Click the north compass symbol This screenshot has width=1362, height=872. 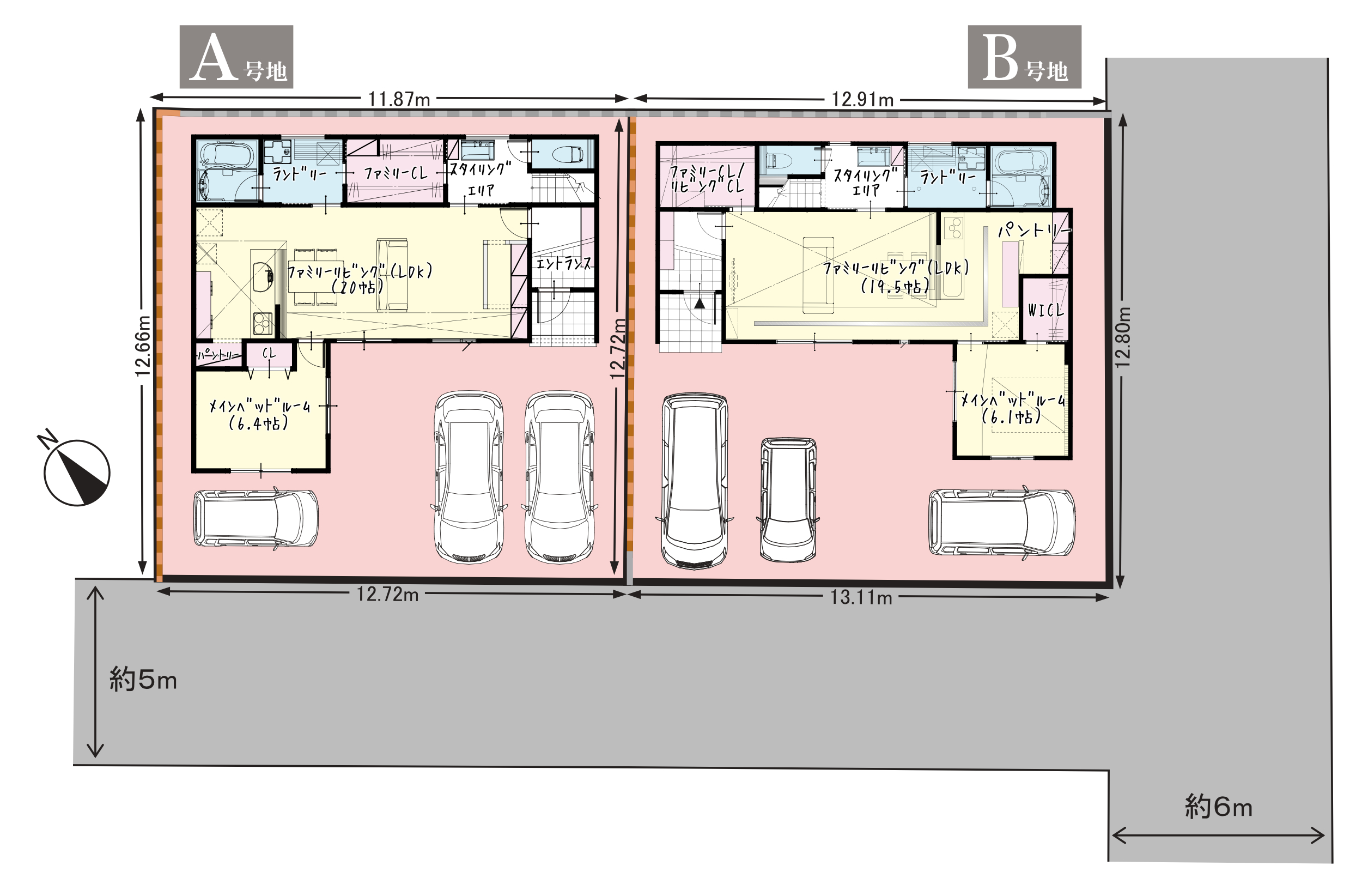point(76,471)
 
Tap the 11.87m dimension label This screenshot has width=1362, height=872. point(399,100)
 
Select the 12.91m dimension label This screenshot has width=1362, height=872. point(862,100)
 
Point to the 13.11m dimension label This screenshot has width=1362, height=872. point(861,598)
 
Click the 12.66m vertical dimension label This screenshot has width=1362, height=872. point(143,346)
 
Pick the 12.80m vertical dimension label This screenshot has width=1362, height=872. point(1123,337)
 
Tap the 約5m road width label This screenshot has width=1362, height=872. point(143,680)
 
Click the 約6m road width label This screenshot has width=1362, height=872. point(1218,807)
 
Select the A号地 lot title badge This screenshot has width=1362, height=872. point(236,57)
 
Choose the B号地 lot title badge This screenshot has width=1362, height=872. point(1024,57)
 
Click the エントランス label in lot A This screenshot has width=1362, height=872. point(563,263)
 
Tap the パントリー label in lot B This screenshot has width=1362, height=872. point(1033,230)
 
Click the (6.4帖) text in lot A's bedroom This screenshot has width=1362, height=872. point(259,423)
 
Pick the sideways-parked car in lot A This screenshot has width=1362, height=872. point(256,519)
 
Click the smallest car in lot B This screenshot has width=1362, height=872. point(788,499)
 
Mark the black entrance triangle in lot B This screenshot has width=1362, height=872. point(700,304)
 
